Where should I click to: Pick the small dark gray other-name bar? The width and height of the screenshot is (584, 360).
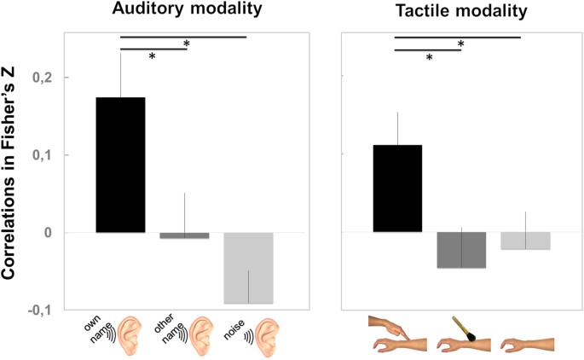pyautogui.click(x=184, y=235)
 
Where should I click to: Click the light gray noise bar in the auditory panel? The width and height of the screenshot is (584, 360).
pyautogui.click(x=248, y=268)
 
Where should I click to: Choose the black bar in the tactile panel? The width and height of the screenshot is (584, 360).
pyautogui.click(x=397, y=189)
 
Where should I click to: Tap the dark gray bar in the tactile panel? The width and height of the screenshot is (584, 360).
pyautogui.click(x=461, y=250)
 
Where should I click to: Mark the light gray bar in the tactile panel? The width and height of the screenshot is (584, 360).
pyautogui.click(x=525, y=241)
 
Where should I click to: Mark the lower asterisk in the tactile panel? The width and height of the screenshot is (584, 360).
pyautogui.click(x=430, y=58)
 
